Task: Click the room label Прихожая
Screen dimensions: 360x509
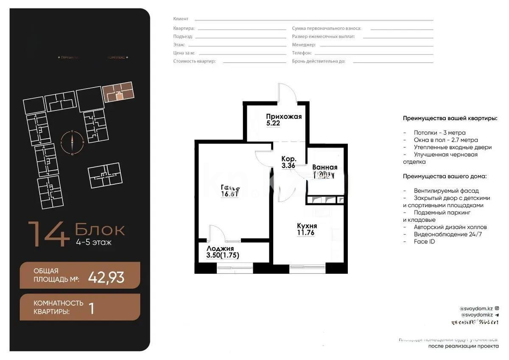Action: (284, 117)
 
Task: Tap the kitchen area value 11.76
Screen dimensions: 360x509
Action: (307, 233)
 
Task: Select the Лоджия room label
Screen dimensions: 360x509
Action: (220, 249)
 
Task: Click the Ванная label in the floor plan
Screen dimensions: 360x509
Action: (324, 167)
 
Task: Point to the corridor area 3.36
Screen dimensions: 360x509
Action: (288, 166)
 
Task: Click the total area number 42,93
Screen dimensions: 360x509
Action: (106, 277)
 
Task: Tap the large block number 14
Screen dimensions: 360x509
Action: (49, 234)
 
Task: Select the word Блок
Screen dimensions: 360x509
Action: (100, 230)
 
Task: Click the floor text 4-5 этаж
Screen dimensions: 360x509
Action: (93, 243)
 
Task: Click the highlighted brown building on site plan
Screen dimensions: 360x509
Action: (118, 91)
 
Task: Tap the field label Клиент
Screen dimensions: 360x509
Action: (181, 19)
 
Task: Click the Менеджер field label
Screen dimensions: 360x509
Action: (304, 45)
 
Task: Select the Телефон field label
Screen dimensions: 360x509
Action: (302, 53)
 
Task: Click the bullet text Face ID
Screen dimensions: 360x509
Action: (424, 242)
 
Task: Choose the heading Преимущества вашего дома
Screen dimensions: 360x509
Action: (444, 176)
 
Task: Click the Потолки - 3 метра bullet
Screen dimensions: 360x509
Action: (439, 132)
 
